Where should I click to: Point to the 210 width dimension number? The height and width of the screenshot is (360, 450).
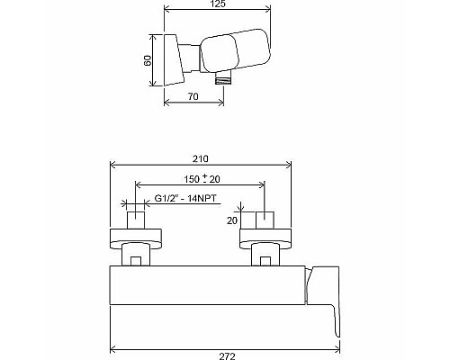click(200, 154)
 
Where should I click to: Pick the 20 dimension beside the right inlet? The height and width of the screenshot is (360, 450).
click(232, 220)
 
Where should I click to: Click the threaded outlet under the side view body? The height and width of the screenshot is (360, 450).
click(222, 79)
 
